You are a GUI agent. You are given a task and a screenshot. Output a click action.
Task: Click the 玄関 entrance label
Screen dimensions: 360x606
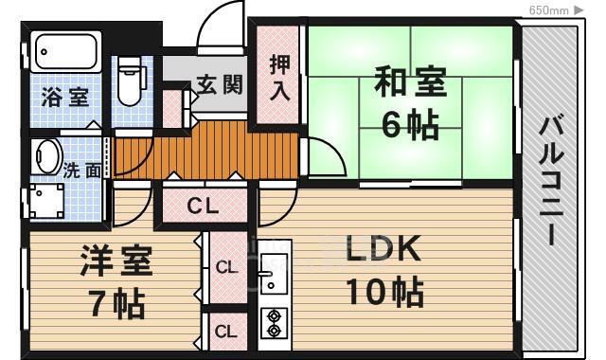tap(220, 83)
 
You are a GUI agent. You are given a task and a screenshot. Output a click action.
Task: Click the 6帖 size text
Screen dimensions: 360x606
tap(409, 123)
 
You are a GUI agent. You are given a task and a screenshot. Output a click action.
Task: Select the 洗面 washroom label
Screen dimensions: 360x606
tap(82, 172)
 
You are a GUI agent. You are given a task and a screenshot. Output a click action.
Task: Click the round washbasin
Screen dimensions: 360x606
tap(46, 156)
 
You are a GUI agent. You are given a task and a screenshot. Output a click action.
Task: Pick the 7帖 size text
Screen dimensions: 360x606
tap(116, 304)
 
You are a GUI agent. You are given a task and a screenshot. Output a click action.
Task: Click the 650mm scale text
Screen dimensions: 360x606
tap(548, 9)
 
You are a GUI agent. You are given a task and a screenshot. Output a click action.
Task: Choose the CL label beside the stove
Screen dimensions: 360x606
tap(226, 331)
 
